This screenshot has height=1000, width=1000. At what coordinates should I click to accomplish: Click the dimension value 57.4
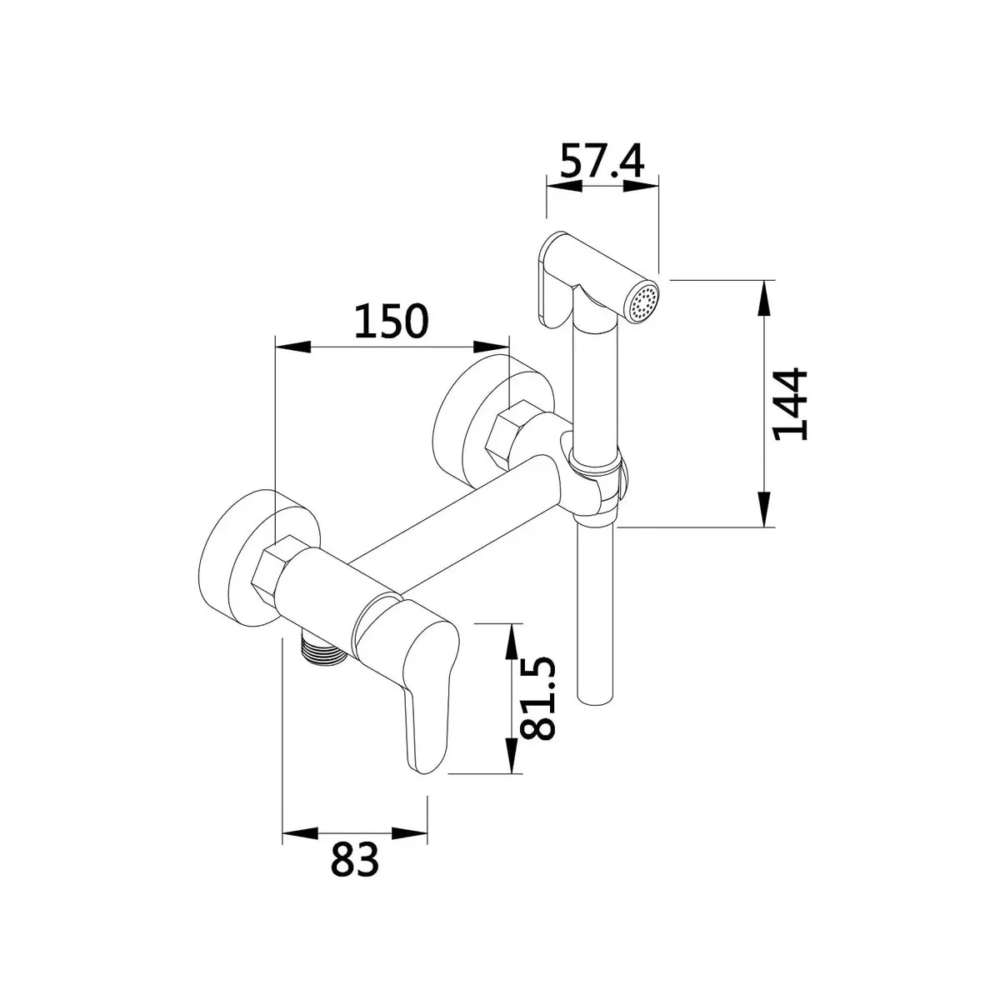coord(602,160)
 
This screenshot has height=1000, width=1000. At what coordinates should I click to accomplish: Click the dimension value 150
coord(392,322)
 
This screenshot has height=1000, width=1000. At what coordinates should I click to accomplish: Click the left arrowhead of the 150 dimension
coord(291,346)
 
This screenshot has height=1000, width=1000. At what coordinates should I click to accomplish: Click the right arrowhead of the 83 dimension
coord(412,832)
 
